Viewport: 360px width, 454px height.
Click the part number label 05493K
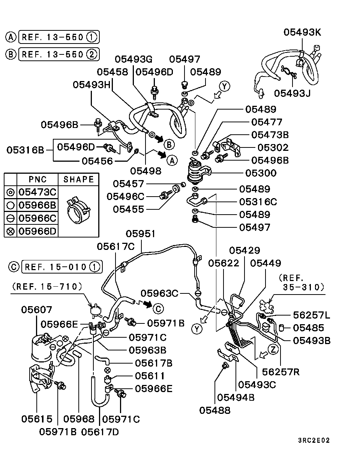(x=302, y=32)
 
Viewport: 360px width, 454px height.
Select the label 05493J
(x=292, y=93)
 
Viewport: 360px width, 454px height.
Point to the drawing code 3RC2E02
(x=314, y=440)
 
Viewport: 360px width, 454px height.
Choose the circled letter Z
(x=274, y=350)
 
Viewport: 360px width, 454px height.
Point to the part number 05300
(x=266, y=173)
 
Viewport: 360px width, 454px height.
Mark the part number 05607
(x=36, y=310)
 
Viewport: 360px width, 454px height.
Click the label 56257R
(x=281, y=371)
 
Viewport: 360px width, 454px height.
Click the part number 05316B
(x=25, y=150)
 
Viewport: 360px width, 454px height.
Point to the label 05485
(x=308, y=328)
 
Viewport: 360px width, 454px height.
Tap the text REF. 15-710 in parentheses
(x=47, y=287)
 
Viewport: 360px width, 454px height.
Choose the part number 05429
(x=244, y=250)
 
